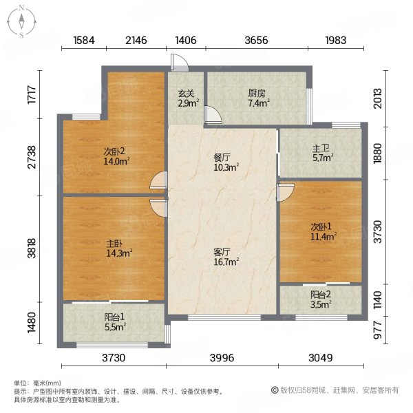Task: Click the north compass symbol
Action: [x=21, y=21]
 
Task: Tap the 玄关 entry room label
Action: [x=187, y=94]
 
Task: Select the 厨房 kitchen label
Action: [x=257, y=94]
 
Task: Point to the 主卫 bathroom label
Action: [x=321, y=149]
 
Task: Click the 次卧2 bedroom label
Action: [x=114, y=151]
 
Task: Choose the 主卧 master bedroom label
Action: [x=114, y=244]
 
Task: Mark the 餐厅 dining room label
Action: [x=222, y=158]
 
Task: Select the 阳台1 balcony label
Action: [x=114, y=317]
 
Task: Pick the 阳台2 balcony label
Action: [x=321, y=295]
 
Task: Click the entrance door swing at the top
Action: [x=180, y=63]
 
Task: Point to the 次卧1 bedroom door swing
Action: [x=285, y=193]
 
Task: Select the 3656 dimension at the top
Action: [x=256, y=41]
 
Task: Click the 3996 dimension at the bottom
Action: [x=222, y=358]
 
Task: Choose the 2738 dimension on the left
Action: [x=32, y=157]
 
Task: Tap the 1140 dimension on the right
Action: [x=378, y=300]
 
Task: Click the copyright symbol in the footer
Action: [x=275, y=390]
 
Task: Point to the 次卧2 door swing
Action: [x=158, y=180]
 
